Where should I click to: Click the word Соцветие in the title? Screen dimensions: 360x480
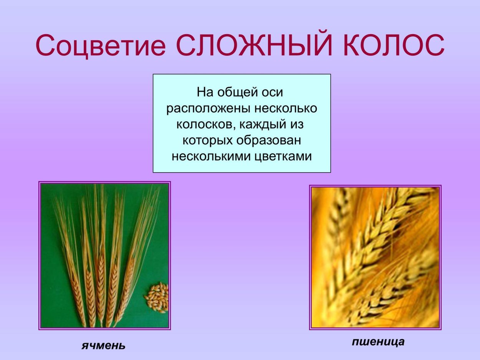pyautogui.click(x=101, y=45)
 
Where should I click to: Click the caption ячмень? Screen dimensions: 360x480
pyautogui.click(x=103, y=345)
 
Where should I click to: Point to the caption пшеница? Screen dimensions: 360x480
pyautogui.click(x=378, y=342)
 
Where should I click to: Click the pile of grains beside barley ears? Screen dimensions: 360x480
pyautogui.click(x=157, y=298)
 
